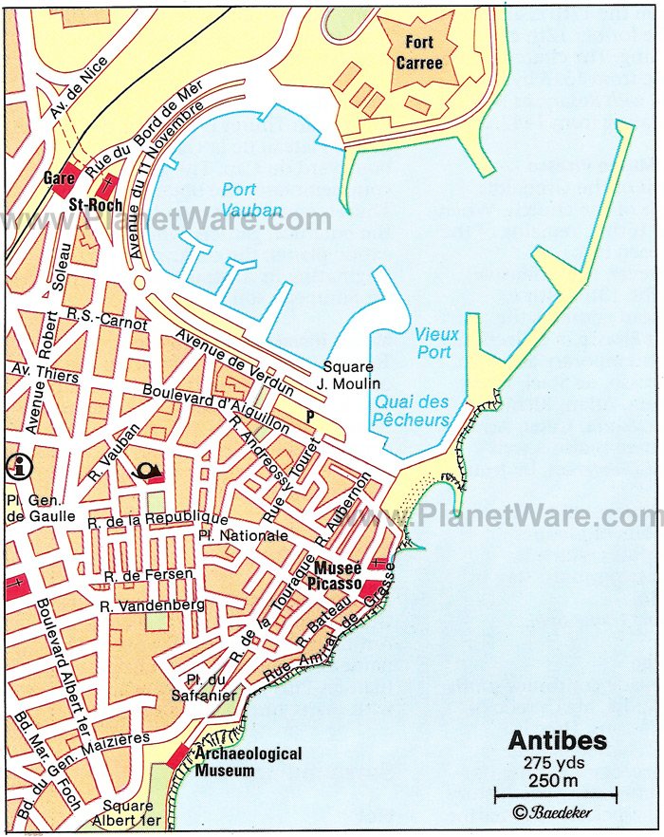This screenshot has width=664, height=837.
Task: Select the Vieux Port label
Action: point(436,343)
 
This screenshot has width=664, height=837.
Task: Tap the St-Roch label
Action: point(92,204)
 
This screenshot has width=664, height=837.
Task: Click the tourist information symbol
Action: point(15,465)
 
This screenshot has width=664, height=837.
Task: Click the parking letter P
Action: point(309,416)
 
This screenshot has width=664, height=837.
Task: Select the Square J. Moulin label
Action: point(348,375)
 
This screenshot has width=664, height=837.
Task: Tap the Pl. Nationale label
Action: point(231,536)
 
